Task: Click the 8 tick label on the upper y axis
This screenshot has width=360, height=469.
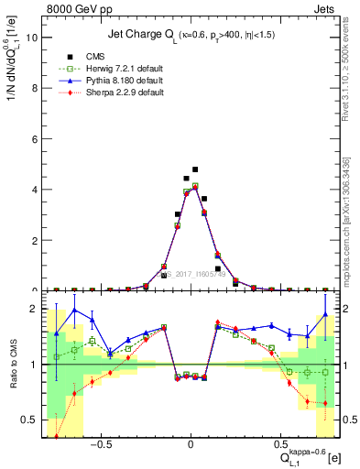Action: pos(33,89)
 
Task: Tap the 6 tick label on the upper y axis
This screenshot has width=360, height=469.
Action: pos(33,139)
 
